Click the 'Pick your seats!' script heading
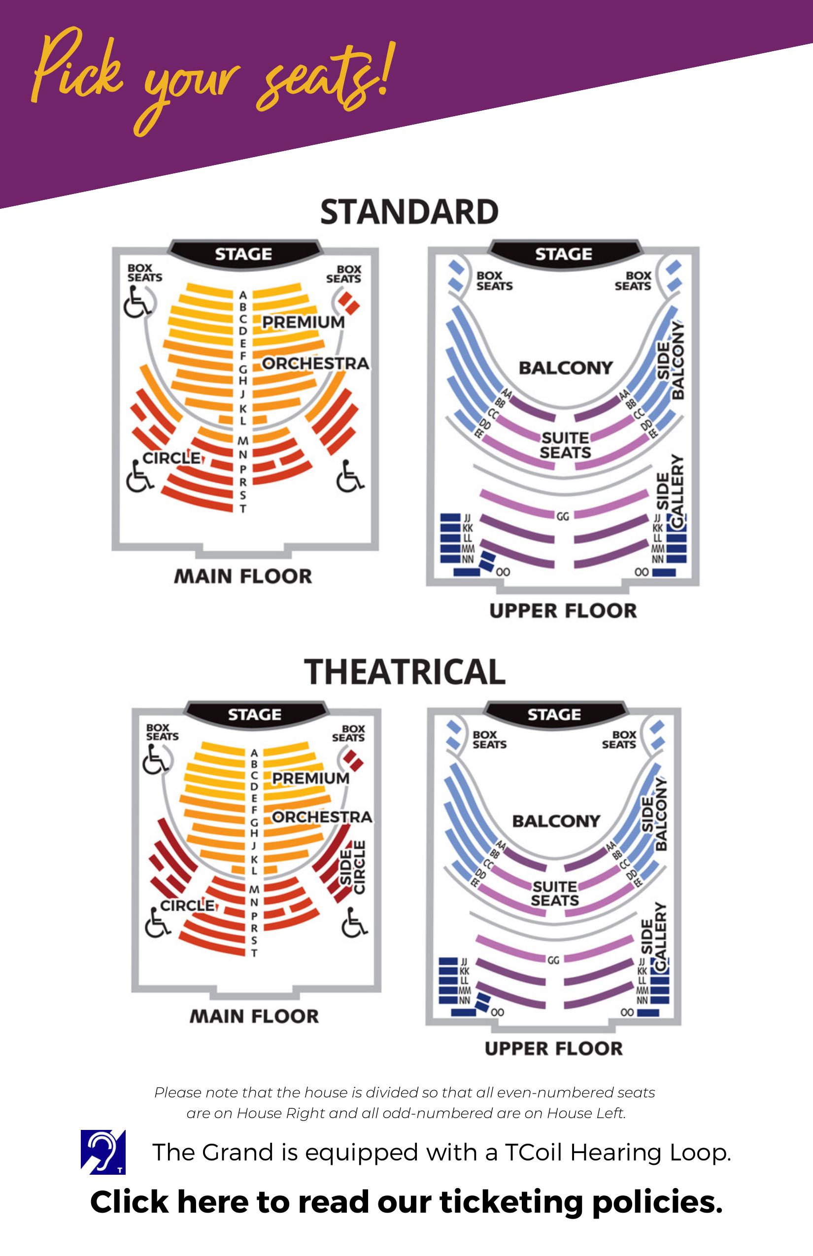(211, 79)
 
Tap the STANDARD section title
(409, 212)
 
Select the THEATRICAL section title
(405, 672)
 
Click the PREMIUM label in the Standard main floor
(304, 322)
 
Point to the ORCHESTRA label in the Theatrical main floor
(322, 818)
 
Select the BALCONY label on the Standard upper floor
(566, 368)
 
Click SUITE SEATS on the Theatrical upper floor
(555, 893)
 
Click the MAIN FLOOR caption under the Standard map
(243, 576)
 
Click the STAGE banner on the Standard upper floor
(564, 254)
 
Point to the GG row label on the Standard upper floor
(563, 516)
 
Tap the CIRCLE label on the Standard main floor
(172, 458)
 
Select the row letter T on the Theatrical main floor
(254, 953)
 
